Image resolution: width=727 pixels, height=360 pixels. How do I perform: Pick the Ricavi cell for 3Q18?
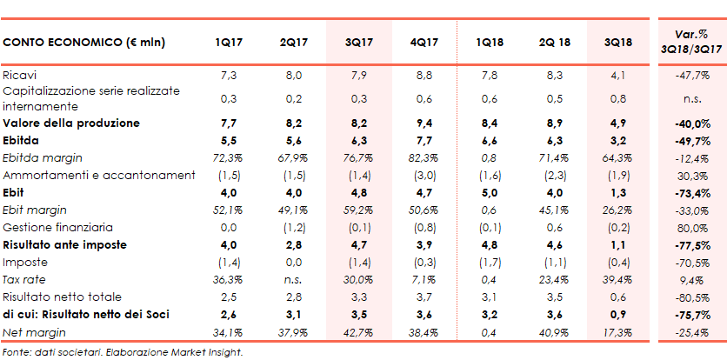[x=618, y=76]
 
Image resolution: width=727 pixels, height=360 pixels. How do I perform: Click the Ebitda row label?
[x=23, y=140]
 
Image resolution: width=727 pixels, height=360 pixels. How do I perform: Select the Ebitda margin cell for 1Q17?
[x=228, y=157]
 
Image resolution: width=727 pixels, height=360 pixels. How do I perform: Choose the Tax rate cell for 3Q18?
[x=618, y=279]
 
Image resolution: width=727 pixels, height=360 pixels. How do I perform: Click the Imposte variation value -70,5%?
[x=693, y=262]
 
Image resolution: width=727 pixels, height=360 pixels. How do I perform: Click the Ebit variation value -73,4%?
[x=693, y=192]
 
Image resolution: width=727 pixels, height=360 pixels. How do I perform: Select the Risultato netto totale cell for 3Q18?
[x=618, y=297]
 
